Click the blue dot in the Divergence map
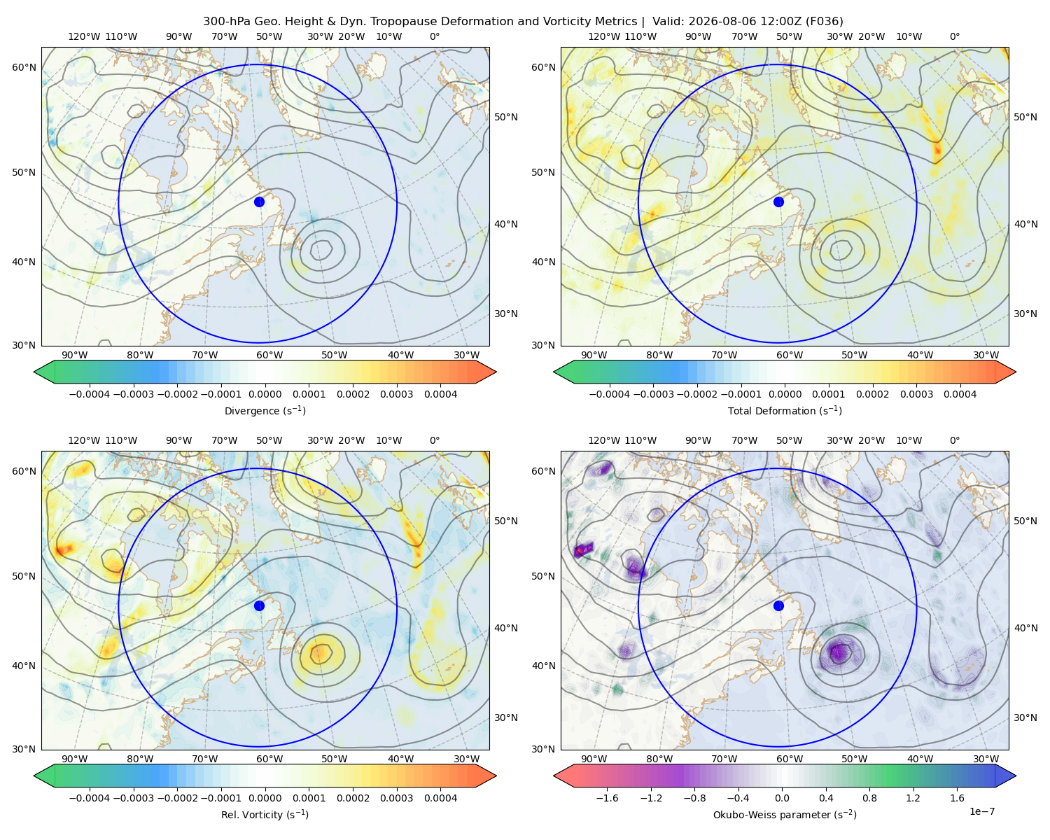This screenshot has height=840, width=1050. tap(259, 202)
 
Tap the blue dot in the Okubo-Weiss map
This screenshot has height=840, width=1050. tap(778, 605)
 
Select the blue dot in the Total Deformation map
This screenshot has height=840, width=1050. tap(778, 202)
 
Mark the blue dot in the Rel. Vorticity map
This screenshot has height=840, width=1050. tap(259, 605)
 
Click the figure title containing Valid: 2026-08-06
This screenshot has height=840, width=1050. tap(523, 22)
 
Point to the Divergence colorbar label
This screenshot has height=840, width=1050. tap(265, 410)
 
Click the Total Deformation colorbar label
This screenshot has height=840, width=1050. tap(785, 410)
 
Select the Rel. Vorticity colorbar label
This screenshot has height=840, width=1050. tap(265, 815)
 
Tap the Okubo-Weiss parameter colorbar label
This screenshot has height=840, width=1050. tap(785, 815)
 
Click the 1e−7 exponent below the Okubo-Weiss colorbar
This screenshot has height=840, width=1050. tap(981, 812)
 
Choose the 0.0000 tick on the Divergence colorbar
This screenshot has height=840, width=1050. tap(265, 394)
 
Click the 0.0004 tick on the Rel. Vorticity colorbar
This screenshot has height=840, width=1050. tap(440, 798)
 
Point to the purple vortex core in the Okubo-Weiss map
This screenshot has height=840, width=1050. tap(837, 652)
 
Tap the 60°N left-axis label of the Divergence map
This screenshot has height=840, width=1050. tap(24, 67)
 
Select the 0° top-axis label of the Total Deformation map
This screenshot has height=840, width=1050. tap(954, 36)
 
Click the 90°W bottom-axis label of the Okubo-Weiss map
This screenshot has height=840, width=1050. tap(594, 759)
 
